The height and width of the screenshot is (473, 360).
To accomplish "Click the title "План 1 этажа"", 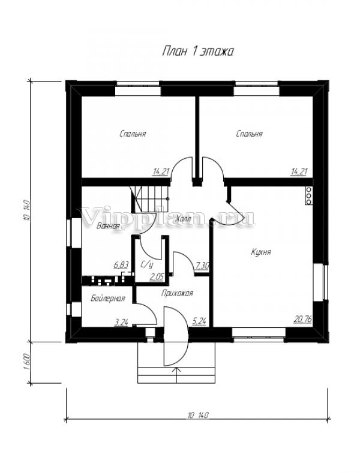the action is (x=198, y=52).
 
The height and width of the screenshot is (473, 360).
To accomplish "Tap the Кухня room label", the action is (x=261, y=252).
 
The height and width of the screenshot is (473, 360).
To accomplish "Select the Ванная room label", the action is (x=108, y=226).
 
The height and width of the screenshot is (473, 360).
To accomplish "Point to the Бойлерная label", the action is (x=108, y=299).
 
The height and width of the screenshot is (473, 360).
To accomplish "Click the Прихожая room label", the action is (x=177, y=293).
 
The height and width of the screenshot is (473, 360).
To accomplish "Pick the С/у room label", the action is (x=147, y=265).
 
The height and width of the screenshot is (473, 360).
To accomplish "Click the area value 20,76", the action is (x=302, y=319).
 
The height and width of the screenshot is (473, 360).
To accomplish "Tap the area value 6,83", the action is (x=121, y=265).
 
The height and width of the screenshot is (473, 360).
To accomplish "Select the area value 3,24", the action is (x=121, y=323).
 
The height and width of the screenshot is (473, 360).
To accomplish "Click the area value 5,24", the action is (x=199, y=322).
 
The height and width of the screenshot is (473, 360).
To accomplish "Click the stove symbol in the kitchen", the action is (x=308, y=196).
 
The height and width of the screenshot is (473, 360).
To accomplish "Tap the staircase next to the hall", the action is (x=150, y=200).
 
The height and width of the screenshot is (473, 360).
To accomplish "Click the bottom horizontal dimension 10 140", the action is (x=198, y=415).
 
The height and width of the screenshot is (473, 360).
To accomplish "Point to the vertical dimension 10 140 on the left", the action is (x=26, y=211).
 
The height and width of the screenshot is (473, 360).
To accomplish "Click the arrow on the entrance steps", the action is (x=176, y=375).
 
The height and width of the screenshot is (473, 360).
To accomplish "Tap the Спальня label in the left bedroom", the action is (x=133, y=134).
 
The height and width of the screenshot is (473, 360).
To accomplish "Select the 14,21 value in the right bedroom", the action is (x=299, y=172).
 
